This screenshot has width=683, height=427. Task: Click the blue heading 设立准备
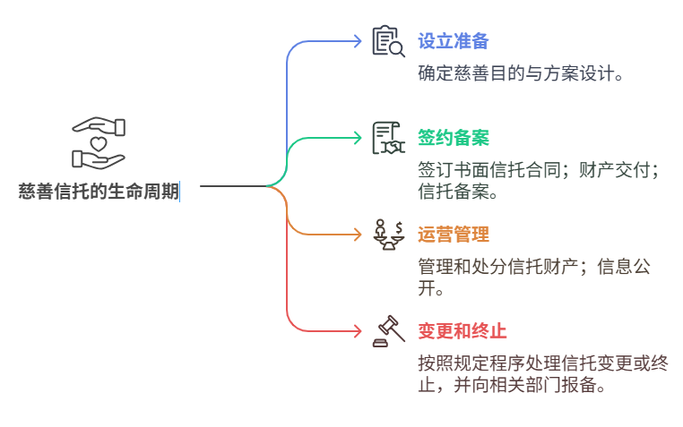coord(453,41)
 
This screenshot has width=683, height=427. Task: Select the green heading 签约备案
coord(453,138)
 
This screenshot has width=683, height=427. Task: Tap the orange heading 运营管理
coord(453,235)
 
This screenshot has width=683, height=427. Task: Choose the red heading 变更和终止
coord(462,331)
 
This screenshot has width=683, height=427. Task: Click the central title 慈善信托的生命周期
coord(99,191)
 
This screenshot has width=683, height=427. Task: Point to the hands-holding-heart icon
coord(99,143)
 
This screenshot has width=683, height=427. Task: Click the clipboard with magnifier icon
coord(389,41)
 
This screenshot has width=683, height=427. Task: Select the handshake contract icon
coord(389,138)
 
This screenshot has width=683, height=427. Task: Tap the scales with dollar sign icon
coord(389,235)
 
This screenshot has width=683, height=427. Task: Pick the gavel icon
coord(389,331)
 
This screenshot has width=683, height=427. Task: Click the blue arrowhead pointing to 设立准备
coord(359,41)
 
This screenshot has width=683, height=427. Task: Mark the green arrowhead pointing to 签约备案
coord(359,138)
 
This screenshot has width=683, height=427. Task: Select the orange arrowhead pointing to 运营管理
coord(359,235)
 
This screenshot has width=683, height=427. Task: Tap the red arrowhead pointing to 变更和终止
coord(359,331)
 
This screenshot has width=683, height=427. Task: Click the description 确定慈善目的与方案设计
coord(521,73)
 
